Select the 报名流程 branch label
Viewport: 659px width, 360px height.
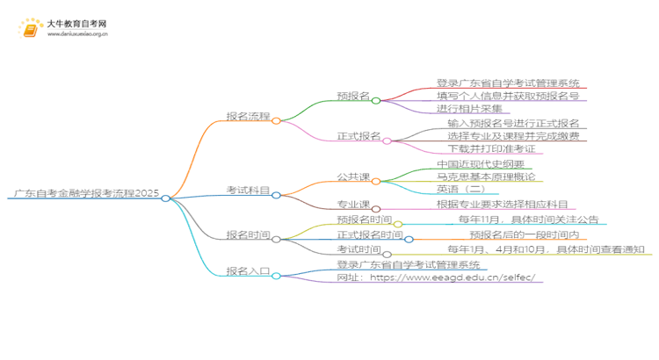[248, 115]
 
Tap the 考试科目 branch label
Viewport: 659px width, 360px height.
[248, 190]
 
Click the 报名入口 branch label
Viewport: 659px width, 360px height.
[248, 270]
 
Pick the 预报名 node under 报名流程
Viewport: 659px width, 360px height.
[352, 95]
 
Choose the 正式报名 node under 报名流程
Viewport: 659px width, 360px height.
[358, 136]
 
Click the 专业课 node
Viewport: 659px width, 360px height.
[352, 204]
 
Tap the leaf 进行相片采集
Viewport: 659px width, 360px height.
[469, 109]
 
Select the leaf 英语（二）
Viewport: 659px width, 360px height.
[461, 190]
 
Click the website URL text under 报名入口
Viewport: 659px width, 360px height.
[440, 277]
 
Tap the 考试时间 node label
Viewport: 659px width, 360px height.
[358, 250]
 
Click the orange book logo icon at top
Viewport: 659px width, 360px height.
[28, 29]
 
